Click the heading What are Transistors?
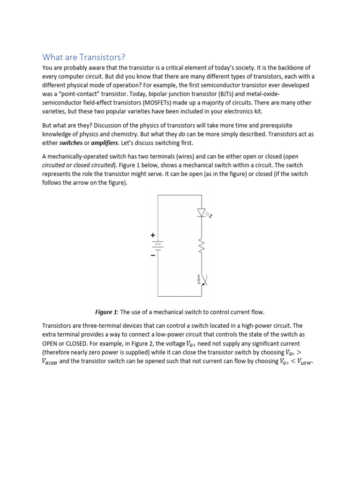point(84,57)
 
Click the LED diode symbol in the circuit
point(202,213)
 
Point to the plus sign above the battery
point(152,234)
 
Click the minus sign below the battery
point(152,256)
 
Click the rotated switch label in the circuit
point(198,279)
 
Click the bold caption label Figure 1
point(106,312)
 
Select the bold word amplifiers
point(105,142)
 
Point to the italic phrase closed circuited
point(94,165)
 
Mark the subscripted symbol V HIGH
point(50,361)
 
